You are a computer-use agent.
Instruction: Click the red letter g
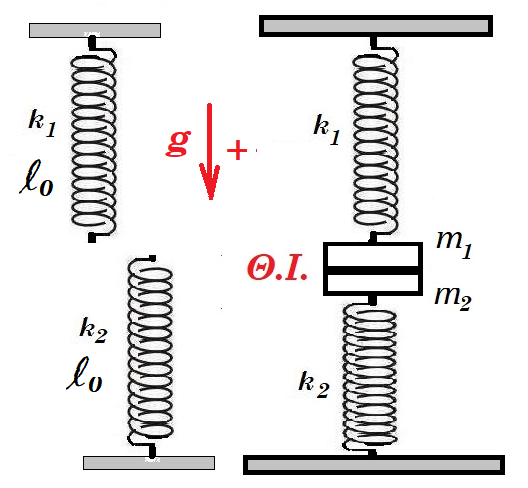point(178,143)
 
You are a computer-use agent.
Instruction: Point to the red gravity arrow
point(210,152)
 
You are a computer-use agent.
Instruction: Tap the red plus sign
point(237,150)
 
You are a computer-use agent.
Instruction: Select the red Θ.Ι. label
point(277,271)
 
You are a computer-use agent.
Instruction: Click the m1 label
point(455,244)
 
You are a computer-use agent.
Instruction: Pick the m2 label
point(453,297)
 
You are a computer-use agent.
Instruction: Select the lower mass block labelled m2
point(374,284)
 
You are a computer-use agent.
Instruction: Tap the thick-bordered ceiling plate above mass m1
point(375,26)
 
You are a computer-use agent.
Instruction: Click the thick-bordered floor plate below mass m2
point(374,466)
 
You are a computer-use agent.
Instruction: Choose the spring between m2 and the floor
point(371,377)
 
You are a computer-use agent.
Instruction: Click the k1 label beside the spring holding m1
point(327,129)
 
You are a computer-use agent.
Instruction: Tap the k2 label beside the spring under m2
point(314,384)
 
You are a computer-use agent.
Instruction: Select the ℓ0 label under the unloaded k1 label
point(36,178)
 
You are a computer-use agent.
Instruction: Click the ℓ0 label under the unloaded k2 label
point(84,375)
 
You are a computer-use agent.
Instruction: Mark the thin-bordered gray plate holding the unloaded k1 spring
point(95,30)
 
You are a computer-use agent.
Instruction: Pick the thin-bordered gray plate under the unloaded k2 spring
point(150,464)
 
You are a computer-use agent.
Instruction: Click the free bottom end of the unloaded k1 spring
point(92,238)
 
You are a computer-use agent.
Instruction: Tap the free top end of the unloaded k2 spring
point(152,258)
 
